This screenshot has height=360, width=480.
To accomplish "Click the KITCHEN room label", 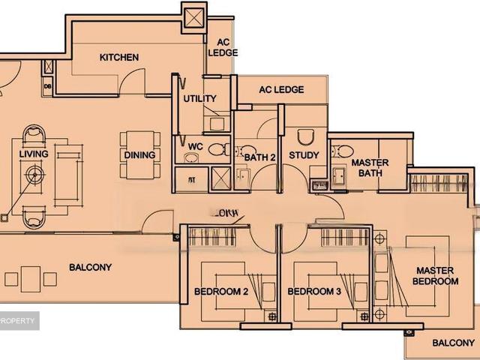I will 119,57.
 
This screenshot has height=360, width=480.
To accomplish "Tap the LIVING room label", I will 34,154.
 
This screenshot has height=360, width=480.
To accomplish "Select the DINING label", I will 140,155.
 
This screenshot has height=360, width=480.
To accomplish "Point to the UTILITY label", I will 199,98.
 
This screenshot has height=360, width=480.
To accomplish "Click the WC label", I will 196,145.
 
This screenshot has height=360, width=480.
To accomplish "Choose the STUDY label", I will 304,155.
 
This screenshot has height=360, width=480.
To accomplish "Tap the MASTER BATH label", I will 369,167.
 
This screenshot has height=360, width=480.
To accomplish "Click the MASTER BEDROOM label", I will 435,275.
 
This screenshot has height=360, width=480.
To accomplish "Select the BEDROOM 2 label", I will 221,292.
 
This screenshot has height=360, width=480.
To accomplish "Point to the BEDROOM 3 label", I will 314,292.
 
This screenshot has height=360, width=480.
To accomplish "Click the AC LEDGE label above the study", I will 281,89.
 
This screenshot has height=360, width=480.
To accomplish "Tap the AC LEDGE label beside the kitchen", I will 223,47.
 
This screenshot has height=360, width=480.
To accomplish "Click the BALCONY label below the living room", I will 90,267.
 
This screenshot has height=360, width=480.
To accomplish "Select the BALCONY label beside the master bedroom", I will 453,343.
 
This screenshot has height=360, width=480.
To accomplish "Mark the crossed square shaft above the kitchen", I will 193,16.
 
